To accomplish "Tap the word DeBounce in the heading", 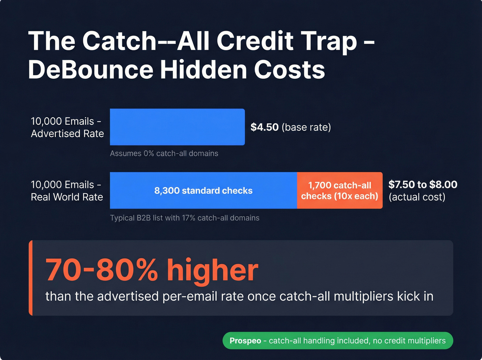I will (91, 70).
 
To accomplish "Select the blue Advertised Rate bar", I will (177, 127).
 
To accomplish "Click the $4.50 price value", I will (264, 127).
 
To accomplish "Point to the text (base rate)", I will (306, 127).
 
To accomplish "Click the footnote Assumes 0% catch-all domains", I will (164, 153).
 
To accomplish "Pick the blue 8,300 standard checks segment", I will (203, 191).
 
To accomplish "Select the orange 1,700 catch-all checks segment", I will (339, 191).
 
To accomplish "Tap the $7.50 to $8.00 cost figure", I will (423, 185).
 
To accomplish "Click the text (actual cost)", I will (417, 197).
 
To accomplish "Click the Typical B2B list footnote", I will (185, 218).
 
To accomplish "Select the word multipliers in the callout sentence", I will (364, 296).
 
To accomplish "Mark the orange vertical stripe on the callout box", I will (31, 278).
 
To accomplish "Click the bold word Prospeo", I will (245, 341).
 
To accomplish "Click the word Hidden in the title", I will (203, 70).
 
